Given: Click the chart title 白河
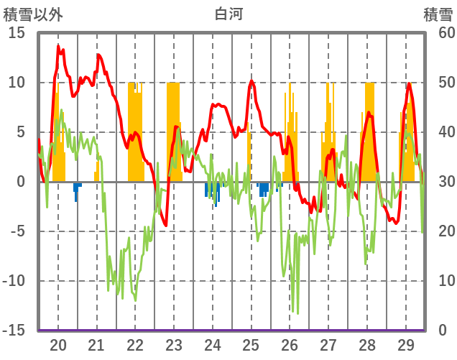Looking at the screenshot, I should tap(228, 14).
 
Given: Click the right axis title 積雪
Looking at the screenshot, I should tap(436, 14).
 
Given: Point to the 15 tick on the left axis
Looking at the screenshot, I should tap(17, 33).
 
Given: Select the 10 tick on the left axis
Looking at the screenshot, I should tap(17, 83).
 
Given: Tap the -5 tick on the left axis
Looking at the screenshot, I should tap(17, 231).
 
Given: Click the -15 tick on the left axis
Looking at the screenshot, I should tap(14, 331).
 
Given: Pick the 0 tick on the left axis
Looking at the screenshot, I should tap(20, 182).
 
